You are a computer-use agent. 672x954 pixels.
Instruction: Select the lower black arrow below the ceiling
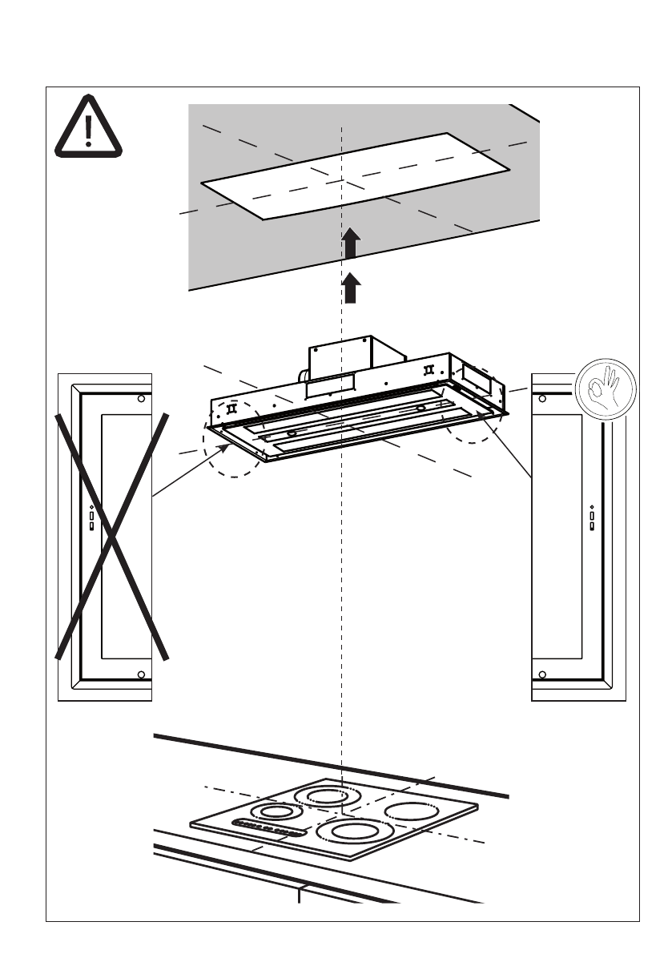click(350, 288)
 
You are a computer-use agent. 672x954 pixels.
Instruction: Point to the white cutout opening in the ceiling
click(355, 175)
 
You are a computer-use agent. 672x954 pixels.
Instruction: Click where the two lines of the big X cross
click(113, 534)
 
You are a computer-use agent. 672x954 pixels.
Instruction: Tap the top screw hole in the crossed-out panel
click(141, 399)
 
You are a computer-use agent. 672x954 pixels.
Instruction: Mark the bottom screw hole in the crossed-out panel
click(141, 674)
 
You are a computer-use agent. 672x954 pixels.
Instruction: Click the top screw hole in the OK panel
click(543, 399)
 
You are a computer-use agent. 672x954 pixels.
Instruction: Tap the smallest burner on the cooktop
click(276, 811)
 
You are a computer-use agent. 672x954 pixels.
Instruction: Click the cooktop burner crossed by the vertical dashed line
click(324, 796)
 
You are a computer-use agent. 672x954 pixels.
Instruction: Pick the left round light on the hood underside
click(292, 433)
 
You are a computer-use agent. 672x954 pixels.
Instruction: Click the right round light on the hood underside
click(420, 409)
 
